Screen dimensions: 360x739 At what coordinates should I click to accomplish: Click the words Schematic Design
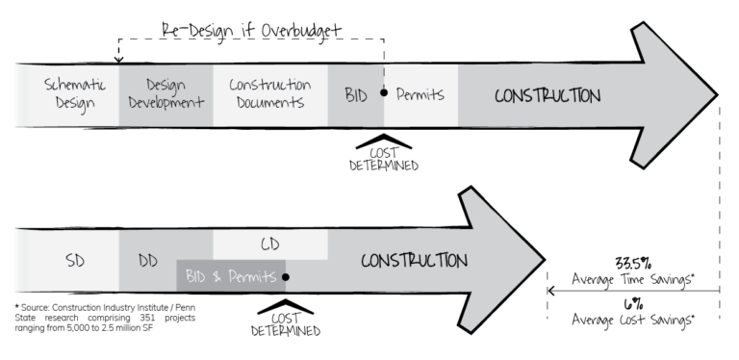70,93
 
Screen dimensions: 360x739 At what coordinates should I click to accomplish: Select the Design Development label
165,93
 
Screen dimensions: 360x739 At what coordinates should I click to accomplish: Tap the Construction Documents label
269,93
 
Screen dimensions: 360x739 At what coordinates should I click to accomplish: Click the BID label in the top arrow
355,94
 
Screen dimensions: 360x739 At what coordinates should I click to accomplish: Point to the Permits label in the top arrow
420,94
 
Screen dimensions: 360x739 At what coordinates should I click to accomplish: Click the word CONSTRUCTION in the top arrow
547,95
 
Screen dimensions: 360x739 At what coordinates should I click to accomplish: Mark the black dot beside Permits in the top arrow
384,92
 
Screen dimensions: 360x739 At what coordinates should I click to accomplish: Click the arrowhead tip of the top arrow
714,94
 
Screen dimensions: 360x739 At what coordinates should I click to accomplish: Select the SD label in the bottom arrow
75,261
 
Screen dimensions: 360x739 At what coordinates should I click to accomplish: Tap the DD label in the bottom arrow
147,261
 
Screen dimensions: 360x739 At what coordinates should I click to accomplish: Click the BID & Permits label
230,276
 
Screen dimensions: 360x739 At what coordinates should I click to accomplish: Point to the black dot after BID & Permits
286,276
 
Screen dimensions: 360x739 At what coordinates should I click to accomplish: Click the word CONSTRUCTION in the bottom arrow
414,261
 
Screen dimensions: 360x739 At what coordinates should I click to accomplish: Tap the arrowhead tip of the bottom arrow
544,260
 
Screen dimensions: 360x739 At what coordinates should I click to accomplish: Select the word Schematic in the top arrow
70,85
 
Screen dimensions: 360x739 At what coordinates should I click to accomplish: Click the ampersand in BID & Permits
218,277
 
